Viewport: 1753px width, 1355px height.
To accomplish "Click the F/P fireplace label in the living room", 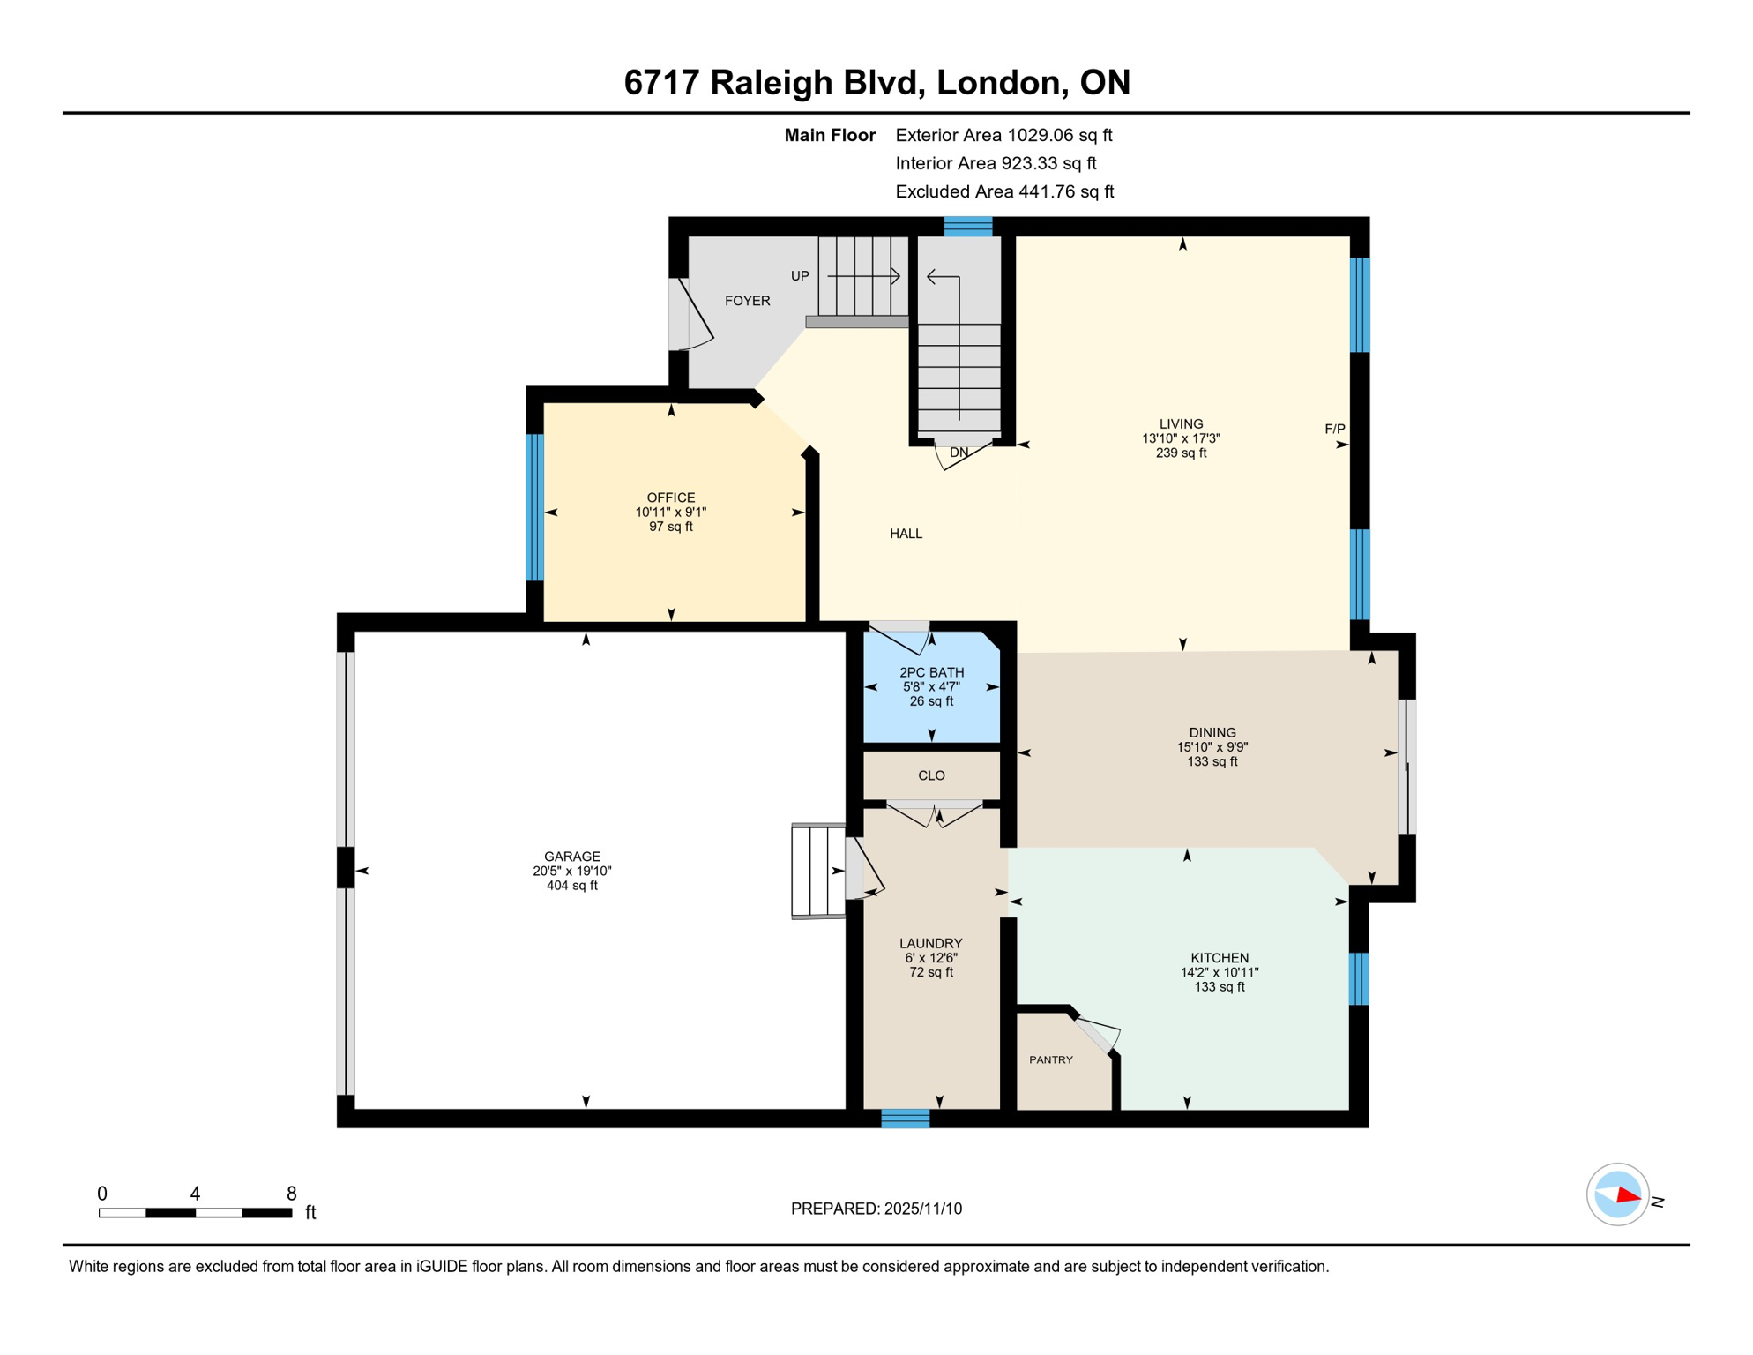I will click(x=1334, y=430).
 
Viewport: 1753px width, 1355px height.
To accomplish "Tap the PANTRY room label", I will click(x=1050, y=1060).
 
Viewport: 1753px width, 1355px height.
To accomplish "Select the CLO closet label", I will click(x=931, y=776).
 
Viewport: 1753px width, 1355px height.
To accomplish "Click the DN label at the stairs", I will click(x=959, y=453).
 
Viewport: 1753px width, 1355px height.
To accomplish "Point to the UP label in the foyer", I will click(x=800, y=276).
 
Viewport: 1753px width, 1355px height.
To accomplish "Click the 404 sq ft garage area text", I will click(x=571, y=886).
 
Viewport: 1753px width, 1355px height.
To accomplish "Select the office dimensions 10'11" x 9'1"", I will click(x=670, y=513).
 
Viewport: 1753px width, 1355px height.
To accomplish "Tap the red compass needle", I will click(x=1627, y=1196).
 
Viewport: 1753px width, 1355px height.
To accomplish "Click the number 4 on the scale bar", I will click(x=195, y=1194).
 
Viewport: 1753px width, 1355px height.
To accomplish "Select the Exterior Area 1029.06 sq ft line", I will click(x=1003, y=135).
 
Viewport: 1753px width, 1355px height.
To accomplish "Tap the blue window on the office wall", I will click(x=534, y=507).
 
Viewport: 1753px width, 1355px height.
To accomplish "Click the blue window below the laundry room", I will click(x=906, y=1119).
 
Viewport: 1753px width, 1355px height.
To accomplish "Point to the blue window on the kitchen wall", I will click(x=1359, y=978).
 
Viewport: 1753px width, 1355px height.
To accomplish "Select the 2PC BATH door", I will click(x=899, y=637).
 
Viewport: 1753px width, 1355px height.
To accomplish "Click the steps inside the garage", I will click(x=818, y=872).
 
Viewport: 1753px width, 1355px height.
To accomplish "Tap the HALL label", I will click(x=906, y=534).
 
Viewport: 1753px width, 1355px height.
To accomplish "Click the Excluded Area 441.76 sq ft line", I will click(x=1003, y=191).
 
